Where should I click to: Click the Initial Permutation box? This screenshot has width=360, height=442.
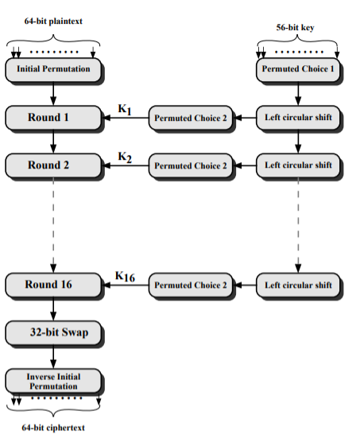click(53, 69)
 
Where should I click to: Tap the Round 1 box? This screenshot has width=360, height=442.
click(53, 118)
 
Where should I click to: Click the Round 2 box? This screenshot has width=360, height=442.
click(53, 165)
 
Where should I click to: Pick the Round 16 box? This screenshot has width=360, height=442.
click(53, 285)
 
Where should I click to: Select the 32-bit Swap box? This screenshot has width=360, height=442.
click(53, 332)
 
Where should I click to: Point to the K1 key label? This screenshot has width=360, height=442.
click(124, 110)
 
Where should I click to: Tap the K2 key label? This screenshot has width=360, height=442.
click(124, 157)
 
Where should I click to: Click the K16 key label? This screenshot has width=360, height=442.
click(126, 277)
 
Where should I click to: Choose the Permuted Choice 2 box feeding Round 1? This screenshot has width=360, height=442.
click(191, 118)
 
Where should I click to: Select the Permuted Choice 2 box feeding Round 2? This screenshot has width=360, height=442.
click(191, 166)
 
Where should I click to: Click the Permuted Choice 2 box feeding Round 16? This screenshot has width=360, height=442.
click(191, 285)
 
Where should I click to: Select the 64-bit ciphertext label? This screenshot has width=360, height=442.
click(53, 428)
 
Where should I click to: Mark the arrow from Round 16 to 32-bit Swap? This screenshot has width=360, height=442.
click(53, 309)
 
